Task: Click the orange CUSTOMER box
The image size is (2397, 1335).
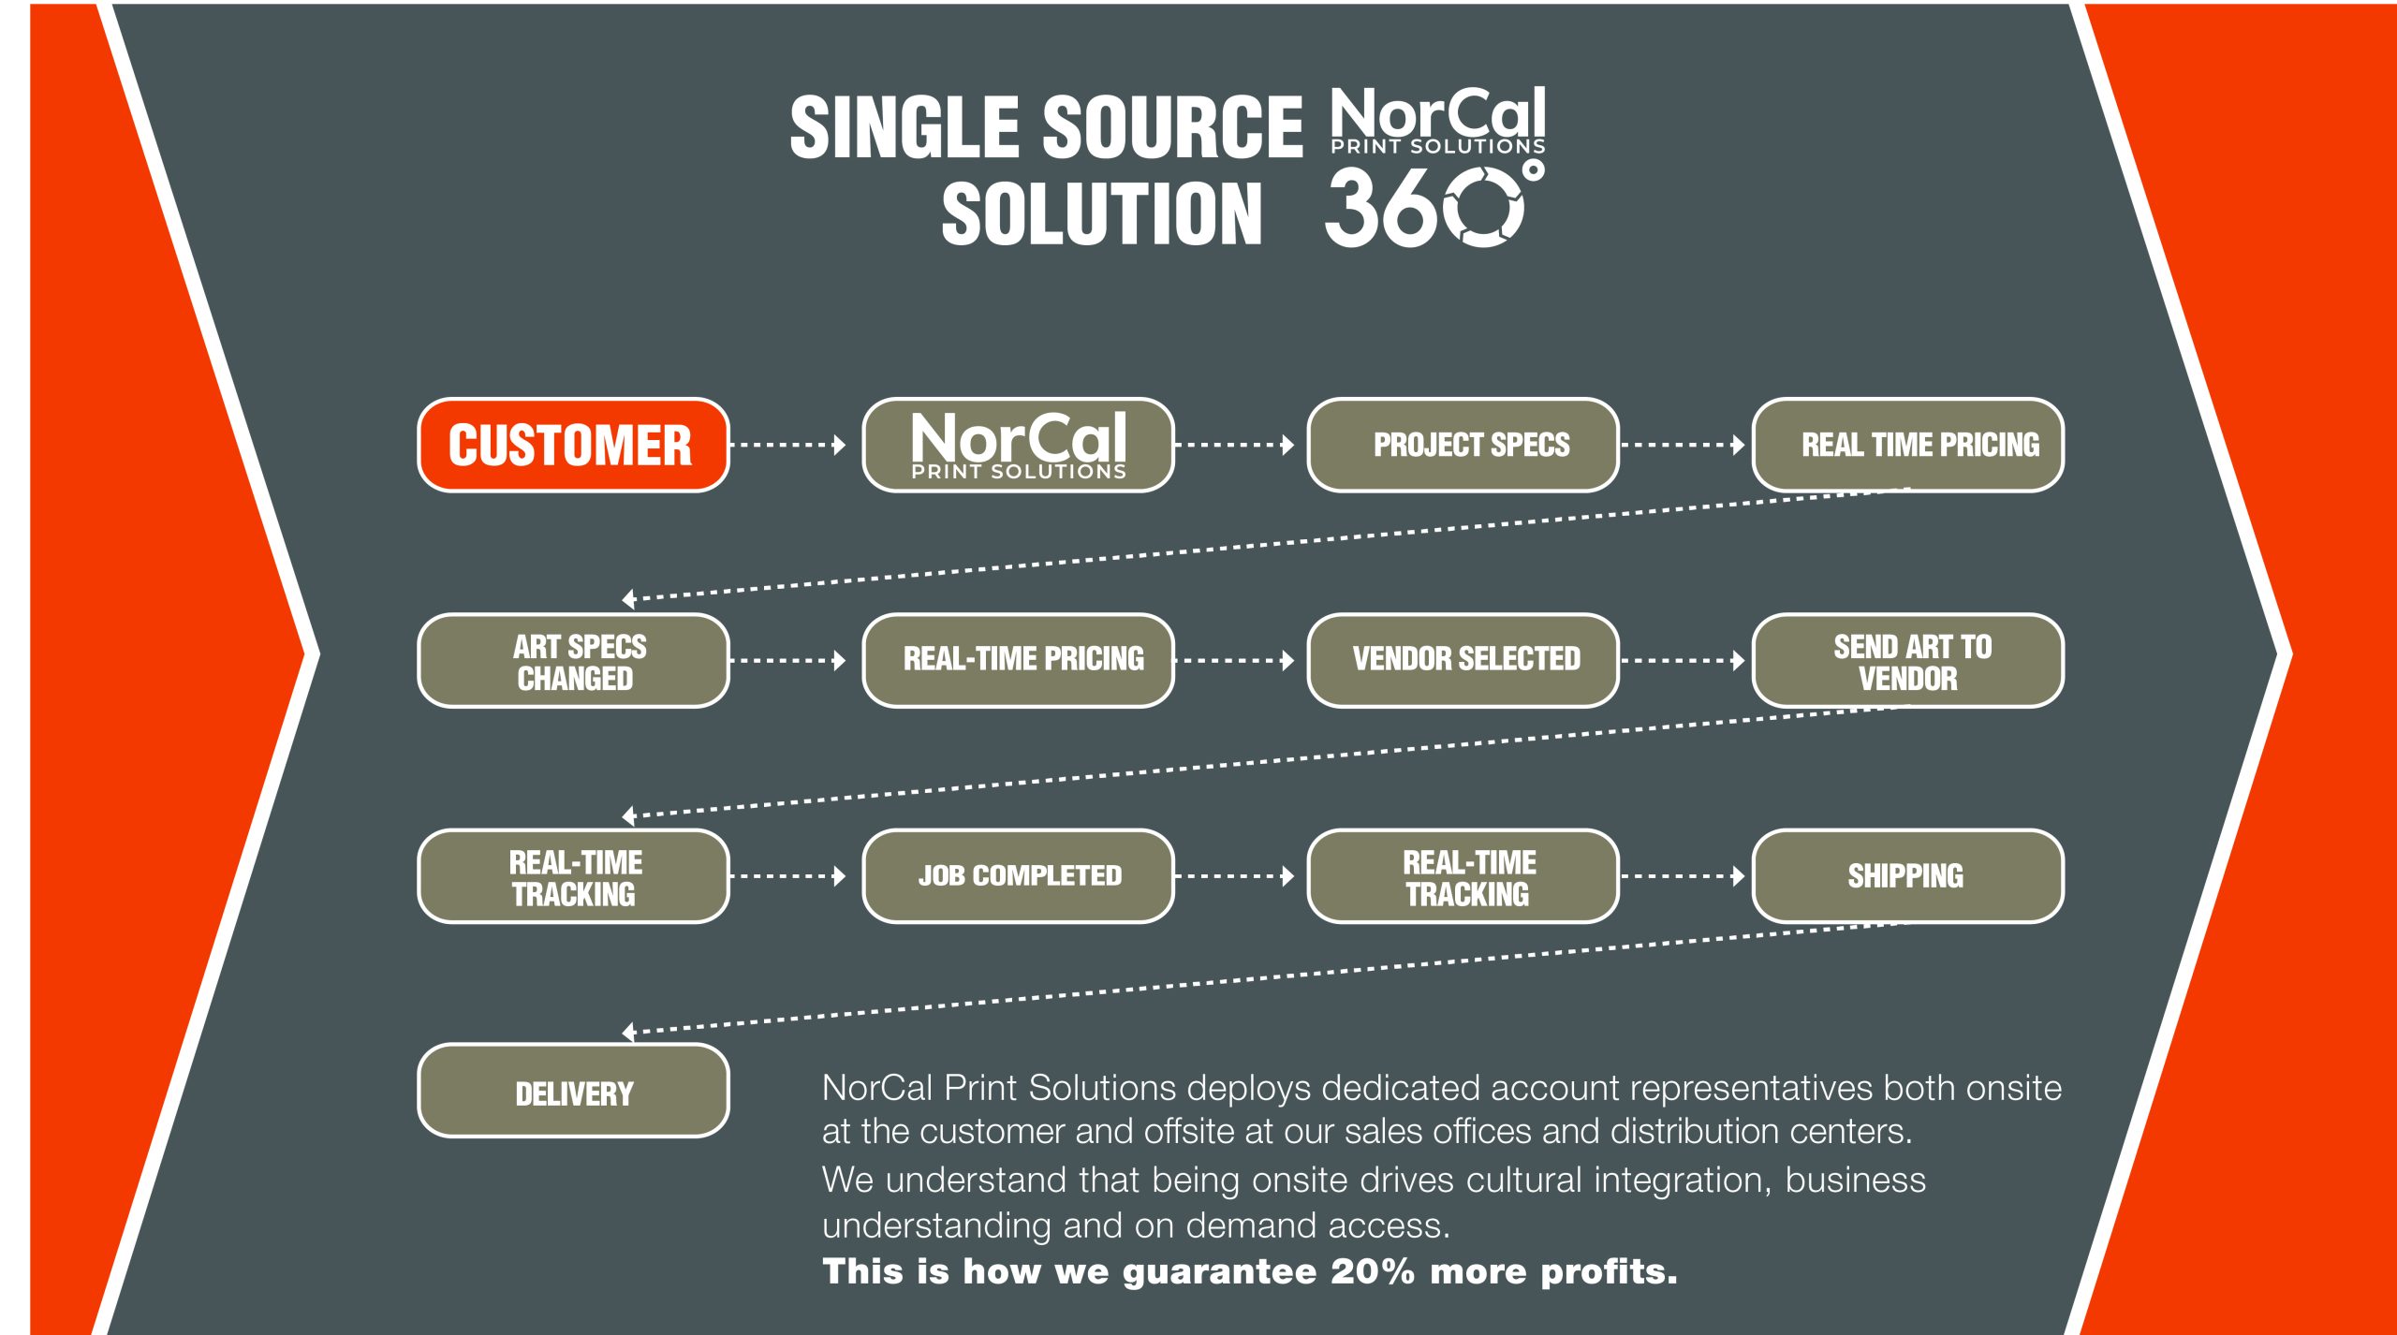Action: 573,445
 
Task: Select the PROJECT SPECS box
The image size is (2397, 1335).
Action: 1463,445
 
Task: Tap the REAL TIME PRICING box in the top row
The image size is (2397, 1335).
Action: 1907,445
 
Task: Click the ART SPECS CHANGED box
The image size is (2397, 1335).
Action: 573,661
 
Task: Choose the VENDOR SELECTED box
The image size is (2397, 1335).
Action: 1463,661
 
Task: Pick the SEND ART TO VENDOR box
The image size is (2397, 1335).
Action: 1907,661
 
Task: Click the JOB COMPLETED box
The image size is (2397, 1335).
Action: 1018,876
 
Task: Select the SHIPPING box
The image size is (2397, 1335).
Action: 1907,876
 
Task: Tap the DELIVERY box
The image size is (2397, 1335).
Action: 573,1091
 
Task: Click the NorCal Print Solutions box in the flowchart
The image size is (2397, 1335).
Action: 1018,445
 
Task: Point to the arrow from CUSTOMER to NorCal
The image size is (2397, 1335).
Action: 787,445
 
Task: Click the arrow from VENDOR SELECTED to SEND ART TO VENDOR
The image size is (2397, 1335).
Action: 1683,661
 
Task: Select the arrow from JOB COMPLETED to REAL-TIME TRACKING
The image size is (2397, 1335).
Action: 1234,876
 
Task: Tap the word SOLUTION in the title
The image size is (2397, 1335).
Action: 1102,214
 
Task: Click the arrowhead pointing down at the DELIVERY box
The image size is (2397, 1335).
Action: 629,1032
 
